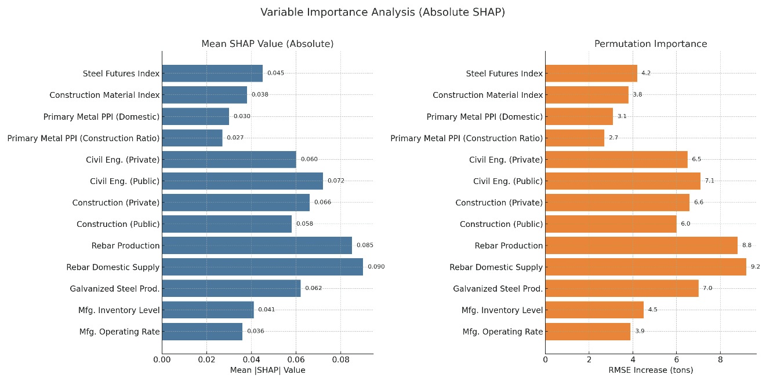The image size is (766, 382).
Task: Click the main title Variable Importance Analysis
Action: [383, 12]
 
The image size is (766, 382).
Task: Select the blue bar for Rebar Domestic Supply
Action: [262, 267]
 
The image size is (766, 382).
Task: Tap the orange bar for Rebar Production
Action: [641, 245]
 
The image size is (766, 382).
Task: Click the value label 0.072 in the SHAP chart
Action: [336, 181]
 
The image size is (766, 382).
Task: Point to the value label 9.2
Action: [755, 267]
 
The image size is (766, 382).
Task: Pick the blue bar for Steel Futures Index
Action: [212, 73]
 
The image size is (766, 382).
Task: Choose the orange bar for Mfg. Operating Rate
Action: [587, 332]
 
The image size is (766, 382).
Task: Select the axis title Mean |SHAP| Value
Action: [267, 370]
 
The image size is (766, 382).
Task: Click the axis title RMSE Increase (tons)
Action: [651, 370]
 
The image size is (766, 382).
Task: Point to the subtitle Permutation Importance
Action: [651, 44]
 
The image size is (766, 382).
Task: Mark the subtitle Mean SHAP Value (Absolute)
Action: [267, 44]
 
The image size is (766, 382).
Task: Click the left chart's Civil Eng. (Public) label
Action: [125, 181]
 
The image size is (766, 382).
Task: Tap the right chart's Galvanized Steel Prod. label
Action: [498, 288]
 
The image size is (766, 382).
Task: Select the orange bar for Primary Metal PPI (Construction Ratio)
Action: [575, 138]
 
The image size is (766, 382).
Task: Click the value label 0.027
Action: [235, 138]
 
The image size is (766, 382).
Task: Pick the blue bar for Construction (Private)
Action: [235, 203]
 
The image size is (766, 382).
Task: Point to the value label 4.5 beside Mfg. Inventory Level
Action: [652, 310]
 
